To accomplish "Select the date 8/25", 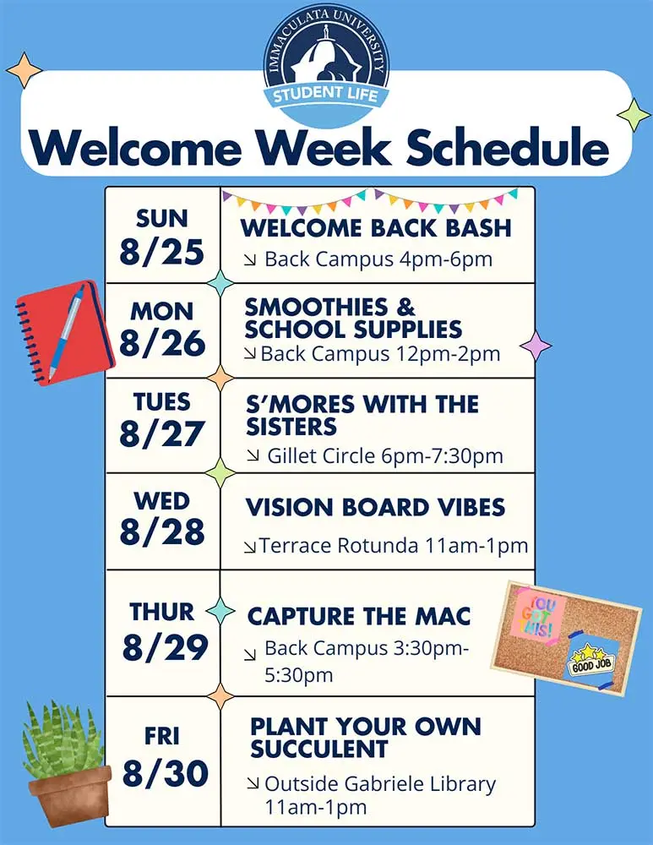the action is (x=161, y=252).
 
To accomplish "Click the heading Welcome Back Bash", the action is (x=376, y=228).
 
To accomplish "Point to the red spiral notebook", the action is (x=65, y=331).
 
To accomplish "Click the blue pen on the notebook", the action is (x=67, y=331).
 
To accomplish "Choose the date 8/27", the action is (x=161, y=433).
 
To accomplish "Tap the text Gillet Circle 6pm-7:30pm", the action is (x=385, y=456).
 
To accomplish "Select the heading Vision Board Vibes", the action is (x=375, y=508).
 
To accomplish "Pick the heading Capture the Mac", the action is (x=359, y=617).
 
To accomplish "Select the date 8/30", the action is (x=166, y=773).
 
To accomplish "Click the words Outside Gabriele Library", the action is (x=380, y=783).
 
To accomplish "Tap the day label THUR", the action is (x=161, y=612).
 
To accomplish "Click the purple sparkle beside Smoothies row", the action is (x=536, y=346).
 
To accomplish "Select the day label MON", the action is (x=161, y=312).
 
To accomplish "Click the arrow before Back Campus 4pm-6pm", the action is (x=249, y=261).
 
